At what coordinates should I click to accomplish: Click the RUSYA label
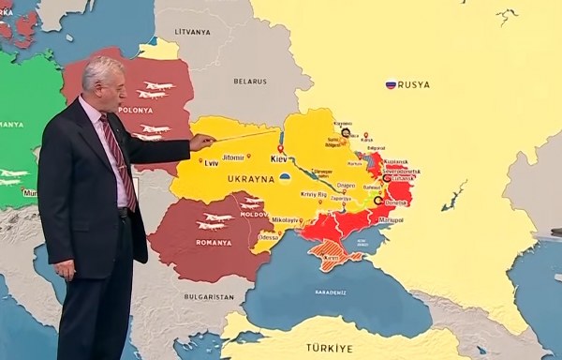click(x=414, y=84)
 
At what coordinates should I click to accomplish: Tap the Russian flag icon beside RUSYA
click(x=391, y=84)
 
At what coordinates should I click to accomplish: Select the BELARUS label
click(x=250, y=82)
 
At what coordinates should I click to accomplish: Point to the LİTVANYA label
click(x=193, y=31)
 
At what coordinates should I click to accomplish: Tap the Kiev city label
click(x=279, y=159)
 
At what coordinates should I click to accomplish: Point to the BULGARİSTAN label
click(x=209, y=296)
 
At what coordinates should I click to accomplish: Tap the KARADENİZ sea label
click(x=330, y=292)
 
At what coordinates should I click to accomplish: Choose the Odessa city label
click(x=269, y=237)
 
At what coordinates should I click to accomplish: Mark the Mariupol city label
click(x=390, y=220)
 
